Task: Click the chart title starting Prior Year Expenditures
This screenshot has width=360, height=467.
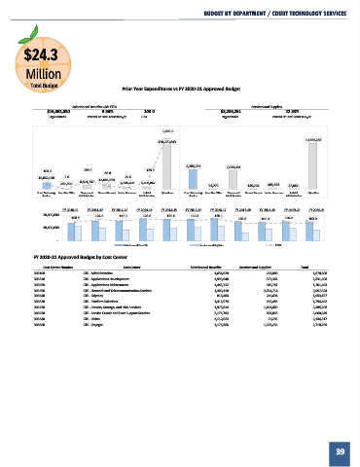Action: tap(180, 87)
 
